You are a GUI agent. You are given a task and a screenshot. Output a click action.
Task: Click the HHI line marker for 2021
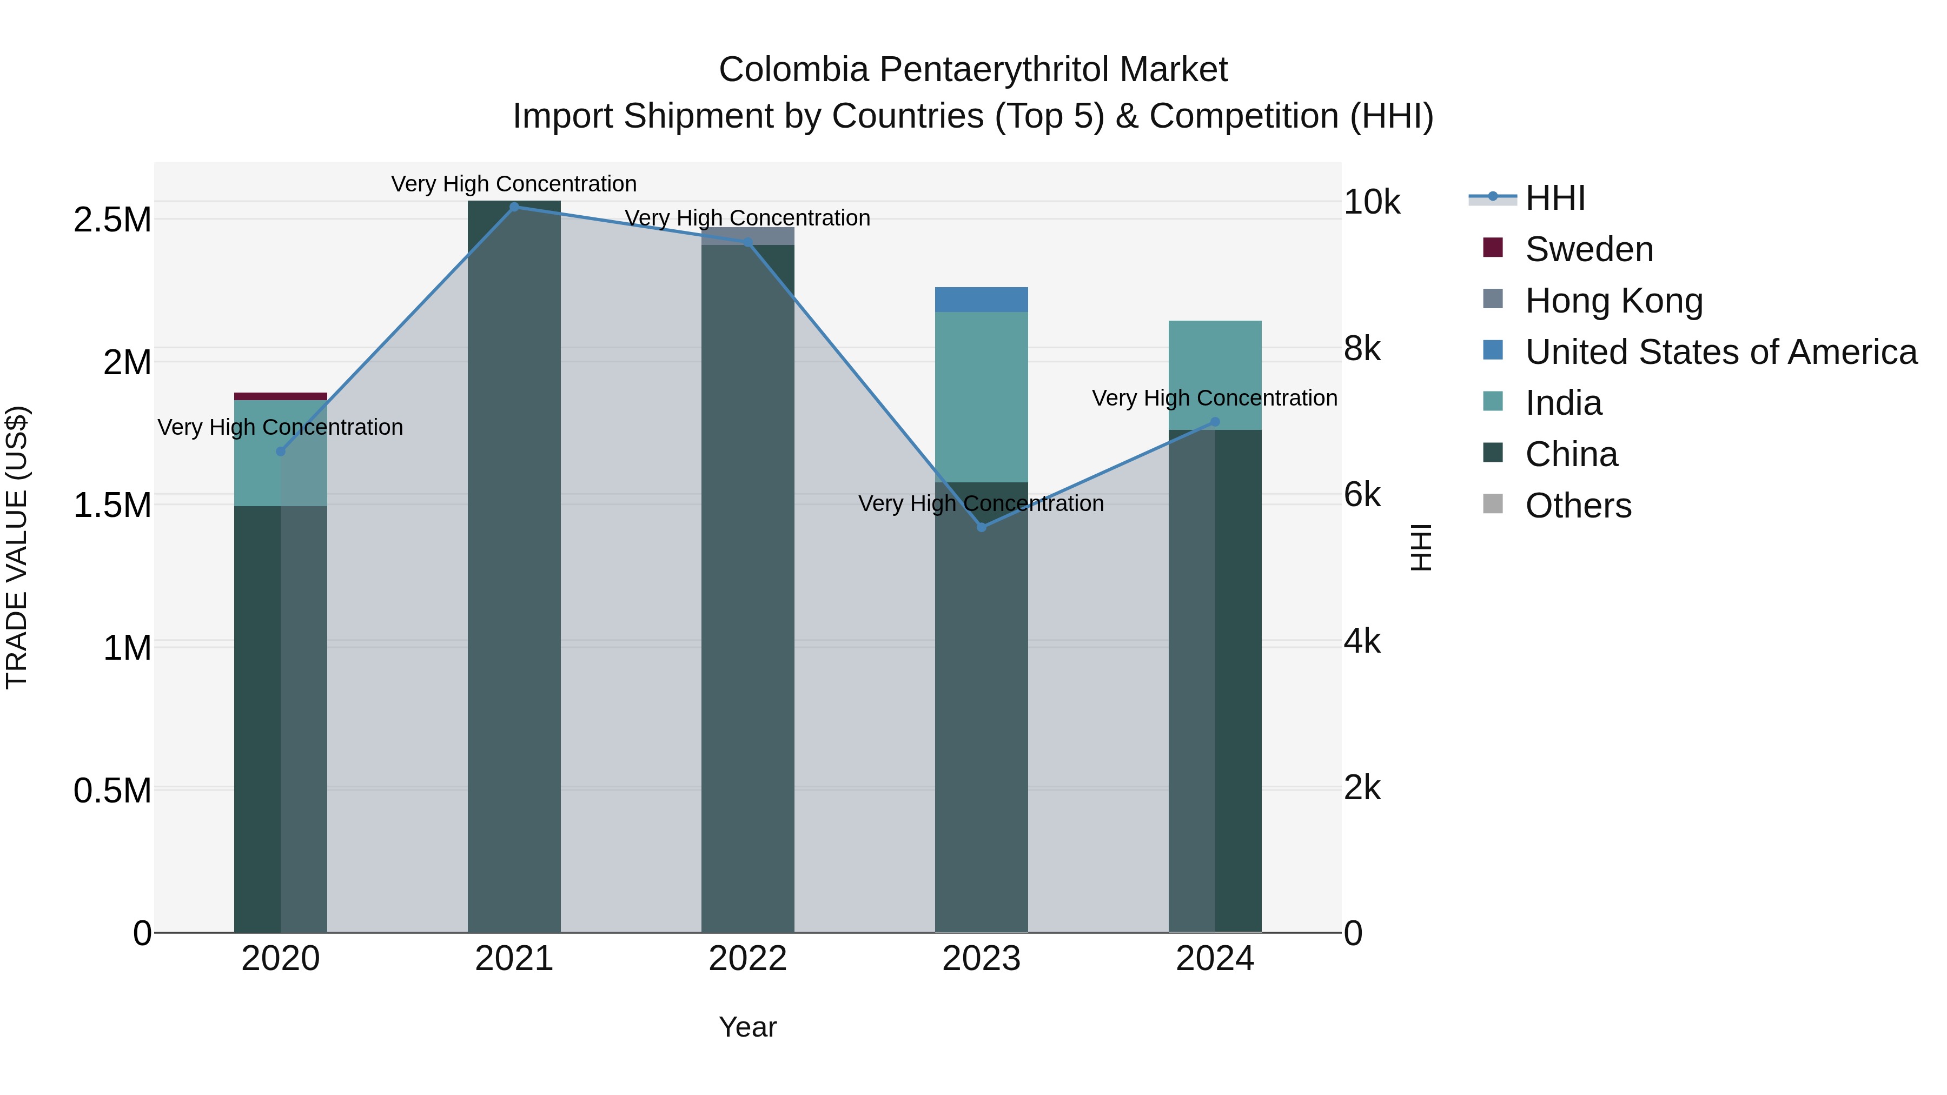point(514,207)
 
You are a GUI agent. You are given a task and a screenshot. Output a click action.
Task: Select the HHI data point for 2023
point(981,527)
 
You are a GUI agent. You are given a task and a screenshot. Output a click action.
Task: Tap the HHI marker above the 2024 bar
point(1215,422)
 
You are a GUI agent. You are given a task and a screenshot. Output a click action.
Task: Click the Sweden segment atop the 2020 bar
point(280,396)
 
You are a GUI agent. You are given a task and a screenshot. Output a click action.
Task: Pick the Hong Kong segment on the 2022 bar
point(747,235)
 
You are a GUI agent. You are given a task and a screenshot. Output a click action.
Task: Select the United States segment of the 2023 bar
point(981,299)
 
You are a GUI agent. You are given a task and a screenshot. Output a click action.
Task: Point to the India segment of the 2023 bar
point(981,397)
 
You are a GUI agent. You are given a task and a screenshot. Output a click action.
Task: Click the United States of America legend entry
point(1719,351)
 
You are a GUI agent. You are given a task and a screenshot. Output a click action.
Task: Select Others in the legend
point(1578,505)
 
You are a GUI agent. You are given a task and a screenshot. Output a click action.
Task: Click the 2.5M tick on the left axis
point(112,220)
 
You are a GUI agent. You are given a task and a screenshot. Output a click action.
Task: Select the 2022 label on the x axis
point(747,959)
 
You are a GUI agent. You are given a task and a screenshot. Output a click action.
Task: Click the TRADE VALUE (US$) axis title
point(17,547)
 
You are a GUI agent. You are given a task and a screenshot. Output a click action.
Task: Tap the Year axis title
point(747,1027)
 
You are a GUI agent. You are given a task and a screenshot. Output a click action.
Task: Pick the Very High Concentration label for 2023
point(981,503)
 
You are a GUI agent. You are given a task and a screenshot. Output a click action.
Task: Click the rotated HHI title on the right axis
point(1420,547)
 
